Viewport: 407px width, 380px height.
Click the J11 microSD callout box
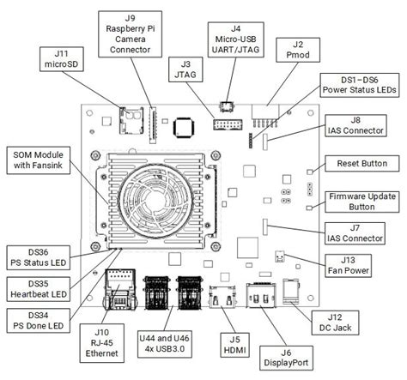pyautogui.click(x=62, y=59)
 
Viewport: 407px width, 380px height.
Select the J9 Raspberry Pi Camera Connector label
pyautogui.click(x=131, y=34)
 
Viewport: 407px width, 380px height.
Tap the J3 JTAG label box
pyautogui.click(x=185, y=69)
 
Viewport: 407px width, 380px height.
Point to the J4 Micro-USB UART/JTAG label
pyautogui.click(x=236, y=39)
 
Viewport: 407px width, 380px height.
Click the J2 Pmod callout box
pyautogui.click(x=298, y=50)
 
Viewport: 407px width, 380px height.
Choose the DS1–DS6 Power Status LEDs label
pyautogui.click(x=360, y=85)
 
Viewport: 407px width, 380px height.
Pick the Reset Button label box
pyautogui.click(x=362, y=164)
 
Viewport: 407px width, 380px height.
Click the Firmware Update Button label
pyautogui.click(x=362, y=202)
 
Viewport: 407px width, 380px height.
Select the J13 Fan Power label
pyautogui.click(x=349, y=266)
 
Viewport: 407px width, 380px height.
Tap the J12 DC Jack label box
pyautogui.click(x=335, y=323)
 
